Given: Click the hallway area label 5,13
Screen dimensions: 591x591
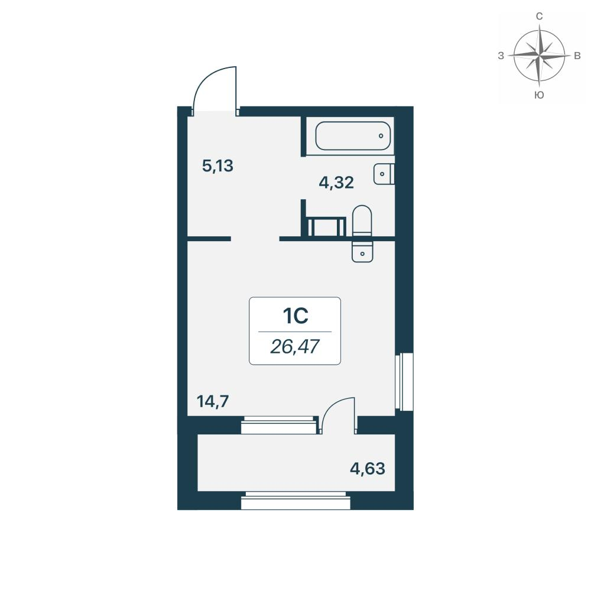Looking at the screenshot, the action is (218, 166).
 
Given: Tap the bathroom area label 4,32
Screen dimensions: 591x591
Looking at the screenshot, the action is (336, 183).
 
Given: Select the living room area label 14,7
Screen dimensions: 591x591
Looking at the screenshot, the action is (213, 401).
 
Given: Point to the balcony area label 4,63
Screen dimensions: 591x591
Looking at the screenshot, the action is (368, 469).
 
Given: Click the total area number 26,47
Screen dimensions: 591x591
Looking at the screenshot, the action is (295, 346).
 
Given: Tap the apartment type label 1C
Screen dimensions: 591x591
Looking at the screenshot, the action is (295, 316).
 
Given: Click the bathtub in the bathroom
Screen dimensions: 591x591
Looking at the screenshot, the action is (353, 136).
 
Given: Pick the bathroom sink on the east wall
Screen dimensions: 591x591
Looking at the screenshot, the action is (384, 174).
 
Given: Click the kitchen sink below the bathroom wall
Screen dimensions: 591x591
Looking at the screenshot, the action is (362, 251).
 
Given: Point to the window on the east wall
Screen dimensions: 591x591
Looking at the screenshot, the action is (404, 381).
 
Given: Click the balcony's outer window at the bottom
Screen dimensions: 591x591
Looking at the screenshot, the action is (295, 501).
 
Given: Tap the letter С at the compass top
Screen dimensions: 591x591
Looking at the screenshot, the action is (540, 16).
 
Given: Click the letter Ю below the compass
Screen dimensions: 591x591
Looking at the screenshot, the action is (540, 95).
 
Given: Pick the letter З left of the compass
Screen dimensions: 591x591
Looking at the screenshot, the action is (501, 56).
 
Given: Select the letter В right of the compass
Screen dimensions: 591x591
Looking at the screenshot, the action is (577, 56).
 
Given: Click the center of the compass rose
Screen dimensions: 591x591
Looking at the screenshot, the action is (540, 55).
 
